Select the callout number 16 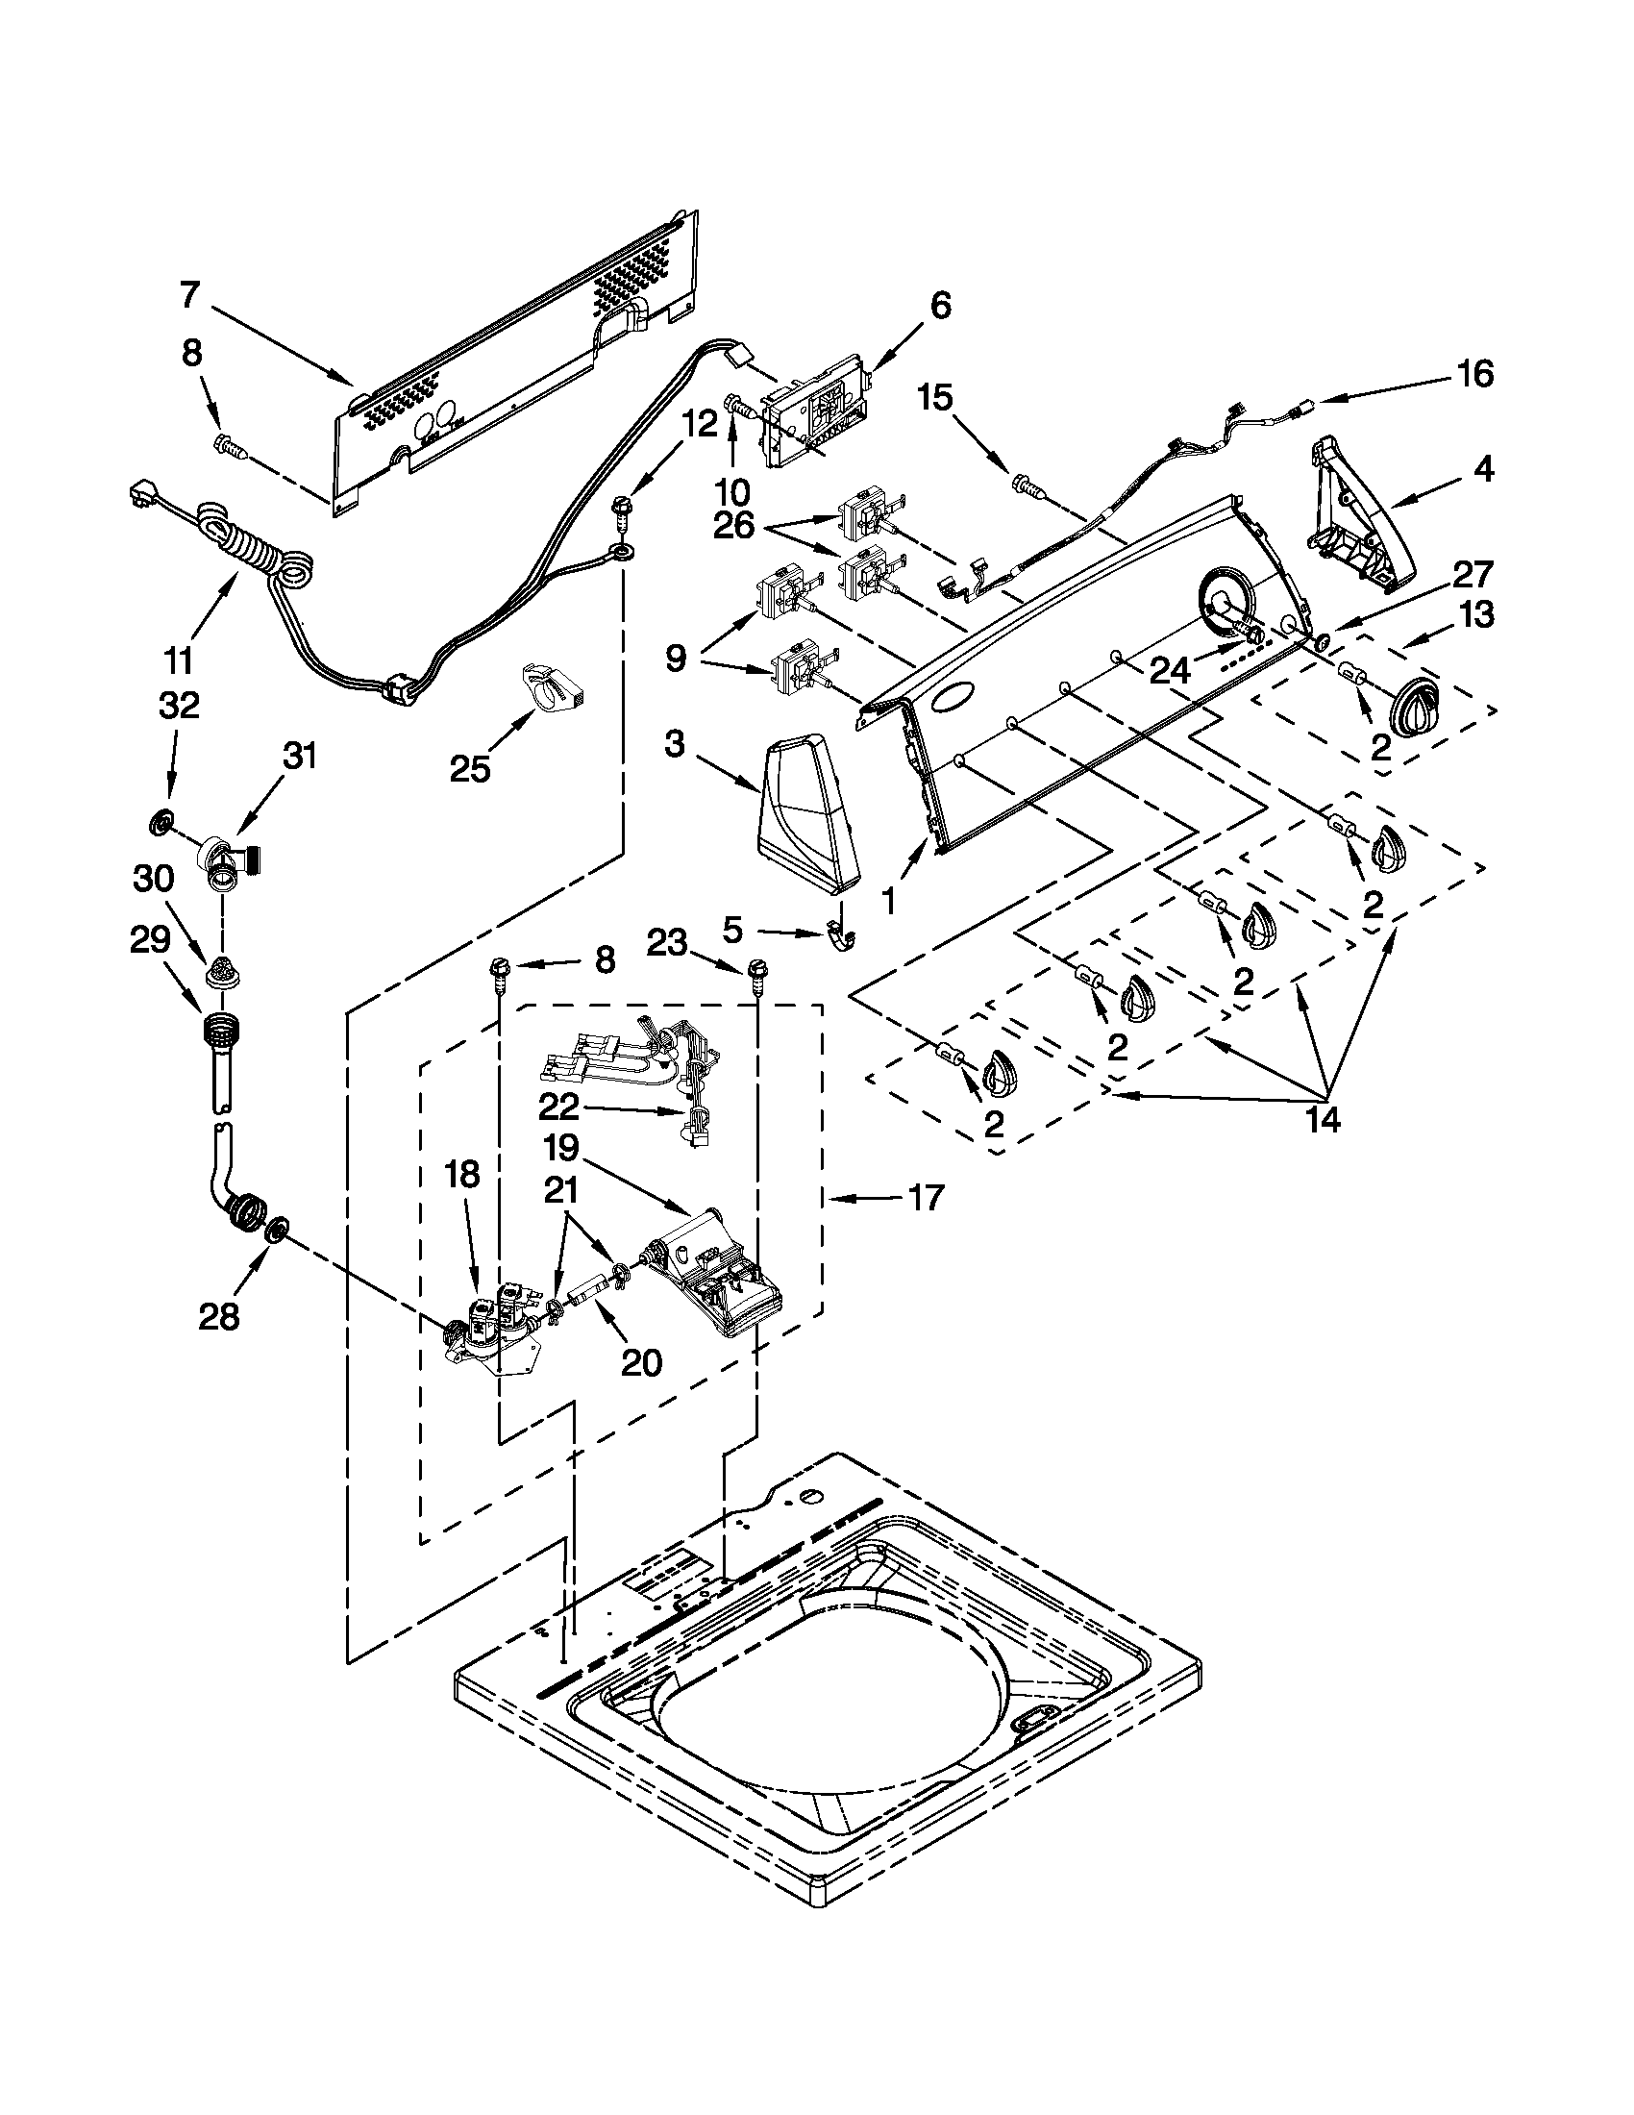point(1474,373)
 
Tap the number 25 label point(469,768)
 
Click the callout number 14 point(1324,1119)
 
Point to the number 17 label point(926,1198)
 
